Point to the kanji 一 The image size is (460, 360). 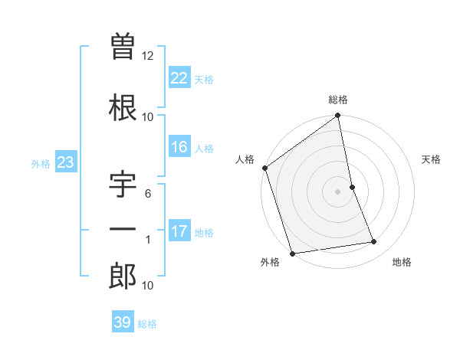click(x=123, y=230)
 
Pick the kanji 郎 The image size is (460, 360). click(x=123, y=277)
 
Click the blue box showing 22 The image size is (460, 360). click(x=179, y=77)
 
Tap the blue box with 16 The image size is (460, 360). click(x=179, y=148)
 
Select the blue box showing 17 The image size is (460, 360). click(x=179, y=231)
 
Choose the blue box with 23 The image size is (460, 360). click(x=65, y=162)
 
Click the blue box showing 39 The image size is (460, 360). click(x=122, y=322)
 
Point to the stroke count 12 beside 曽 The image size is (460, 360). click(x=148, y=55)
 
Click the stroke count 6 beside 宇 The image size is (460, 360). click(x=148, y=194)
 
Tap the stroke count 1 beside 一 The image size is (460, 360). click(x=148, y=241)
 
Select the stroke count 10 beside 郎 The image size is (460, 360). click(x=148, y=286)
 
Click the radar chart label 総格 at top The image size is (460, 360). click(x=338, y=100)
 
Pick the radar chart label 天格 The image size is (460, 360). click(x=432, y=159)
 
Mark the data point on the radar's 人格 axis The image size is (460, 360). click(x=264, y=168)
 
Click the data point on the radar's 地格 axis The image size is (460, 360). click(x=374, y=242)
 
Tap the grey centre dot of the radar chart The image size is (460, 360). click(x=338, y=191)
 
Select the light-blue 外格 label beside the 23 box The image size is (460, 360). click(x=40, y=163)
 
